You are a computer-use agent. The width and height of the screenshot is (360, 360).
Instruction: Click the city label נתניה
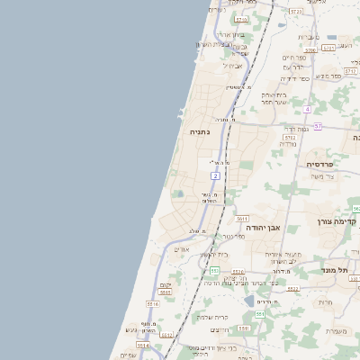pyautogui.click(x=199, y=132)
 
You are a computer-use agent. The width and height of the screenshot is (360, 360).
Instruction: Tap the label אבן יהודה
pyautogui.click(x=264, y=228)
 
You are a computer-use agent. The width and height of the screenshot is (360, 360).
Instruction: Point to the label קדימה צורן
pyautogui.click(x=337, y=221)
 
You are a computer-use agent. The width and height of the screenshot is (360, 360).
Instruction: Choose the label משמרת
pyautogui.click(x=338, y=330)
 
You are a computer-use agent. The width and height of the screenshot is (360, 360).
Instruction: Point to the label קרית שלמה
pyautogui.click(x=214, y=317)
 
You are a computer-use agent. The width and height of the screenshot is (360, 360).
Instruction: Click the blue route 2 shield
pyautogui.click(x=215, y=175)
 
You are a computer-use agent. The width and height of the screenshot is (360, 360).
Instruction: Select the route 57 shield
pyautogui.click(x=318, y=127)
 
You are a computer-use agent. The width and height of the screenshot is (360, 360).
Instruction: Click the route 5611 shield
pyautogui.click(x=242, y=219)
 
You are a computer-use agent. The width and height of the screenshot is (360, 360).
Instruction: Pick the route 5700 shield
pyautogui.click(x=310, y=50)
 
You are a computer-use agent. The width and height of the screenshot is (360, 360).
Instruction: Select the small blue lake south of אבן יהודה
pyautogui.click(x=248, y=301)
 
